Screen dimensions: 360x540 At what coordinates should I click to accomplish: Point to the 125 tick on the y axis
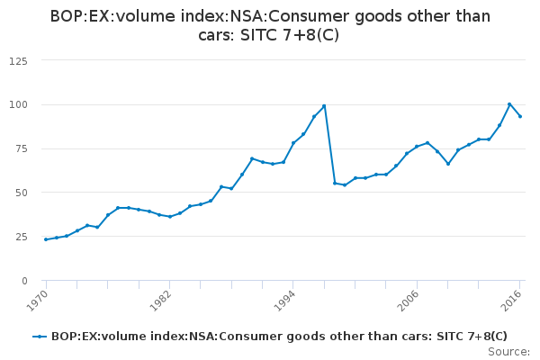[x=18, y=60]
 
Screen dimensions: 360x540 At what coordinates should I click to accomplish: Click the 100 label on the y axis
[x=18, y=104]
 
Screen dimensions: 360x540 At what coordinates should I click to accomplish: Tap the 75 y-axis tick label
[x=21, y=148]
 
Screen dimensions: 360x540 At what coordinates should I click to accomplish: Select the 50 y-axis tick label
[x=21, y=193]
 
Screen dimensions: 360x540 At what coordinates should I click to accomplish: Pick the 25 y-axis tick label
[x=21, y=237]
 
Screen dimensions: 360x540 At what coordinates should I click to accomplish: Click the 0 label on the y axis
[x=24, y=281]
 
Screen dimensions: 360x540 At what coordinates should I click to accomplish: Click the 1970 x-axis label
[x=37, y=298]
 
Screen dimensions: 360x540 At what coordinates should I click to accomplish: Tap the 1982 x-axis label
[x=161, y=298]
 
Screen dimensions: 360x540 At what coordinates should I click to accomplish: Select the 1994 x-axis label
[x=285, y=298]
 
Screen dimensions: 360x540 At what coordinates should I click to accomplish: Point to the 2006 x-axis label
[x=409, y=298]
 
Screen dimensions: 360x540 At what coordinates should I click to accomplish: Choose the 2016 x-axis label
[x=513, y=298]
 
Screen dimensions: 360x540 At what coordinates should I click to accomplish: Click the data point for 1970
[x=46, y=239]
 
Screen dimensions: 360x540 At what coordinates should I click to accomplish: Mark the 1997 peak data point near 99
[x=324, y=106]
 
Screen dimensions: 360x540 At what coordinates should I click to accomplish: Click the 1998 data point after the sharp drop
[x=335, y=183]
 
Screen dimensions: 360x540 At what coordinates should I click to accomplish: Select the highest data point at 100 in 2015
[x=509, y=104]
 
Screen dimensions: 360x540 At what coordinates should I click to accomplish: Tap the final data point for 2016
[x=520, y=116]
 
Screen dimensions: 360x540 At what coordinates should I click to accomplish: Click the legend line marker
[x=40, y=337]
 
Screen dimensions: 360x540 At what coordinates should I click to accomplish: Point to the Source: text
[x=508, y=351]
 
